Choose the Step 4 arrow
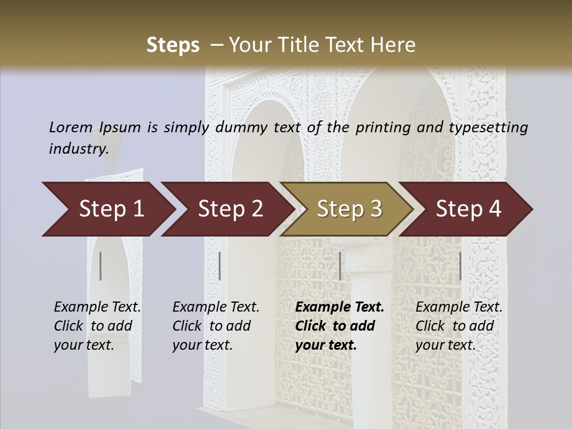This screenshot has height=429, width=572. pyautogui.click(x=468, y=209)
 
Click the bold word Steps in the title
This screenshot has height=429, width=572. pyautogui.click(x=173, y=45)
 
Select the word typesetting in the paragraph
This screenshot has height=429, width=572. pyautogui.click(x=492, y=128)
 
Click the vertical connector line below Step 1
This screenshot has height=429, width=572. pyautogui.click(x=101, y=266)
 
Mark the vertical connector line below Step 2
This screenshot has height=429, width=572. pyautogui.click(x=220, y=266)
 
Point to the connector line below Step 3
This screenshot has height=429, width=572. pyautogui.click(x=340, y=266)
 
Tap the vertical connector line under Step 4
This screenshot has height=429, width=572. pyautogui.click(x=460, y=266)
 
